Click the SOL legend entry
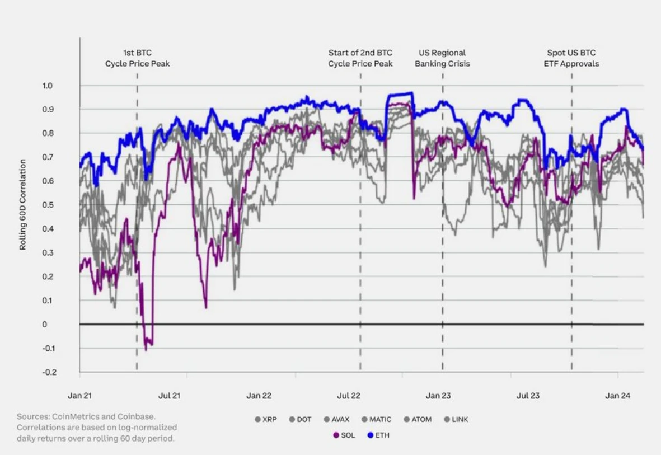tap(344, 435)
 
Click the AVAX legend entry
tap(337, 419)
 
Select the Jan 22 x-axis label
tap(259, 396)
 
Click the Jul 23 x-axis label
tap(528, 396)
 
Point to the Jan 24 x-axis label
tap(617, 396)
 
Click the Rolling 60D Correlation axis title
tap(23, 204)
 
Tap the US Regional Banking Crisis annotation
tap(442, 58)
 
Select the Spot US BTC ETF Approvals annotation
tap(571, 58)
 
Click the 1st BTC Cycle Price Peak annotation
tap(137, 58)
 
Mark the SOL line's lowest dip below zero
tap(146, 349)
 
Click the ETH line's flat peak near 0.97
tap(400, 94)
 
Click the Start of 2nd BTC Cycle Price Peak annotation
tap(360, 58)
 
